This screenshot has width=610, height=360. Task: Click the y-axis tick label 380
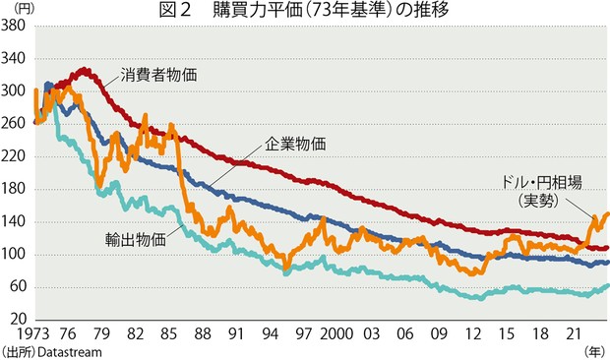[15, 27]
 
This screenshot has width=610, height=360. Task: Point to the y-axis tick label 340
[15, 59]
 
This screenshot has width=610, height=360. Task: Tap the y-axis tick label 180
[15, 189]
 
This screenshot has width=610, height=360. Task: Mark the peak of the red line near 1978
[85, 69]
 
